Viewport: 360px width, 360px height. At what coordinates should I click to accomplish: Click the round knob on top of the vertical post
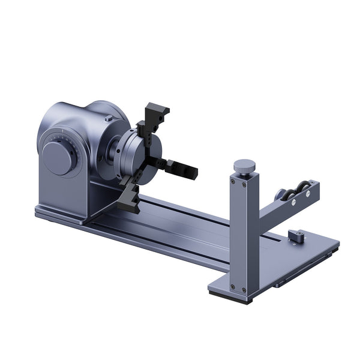click(244, 164)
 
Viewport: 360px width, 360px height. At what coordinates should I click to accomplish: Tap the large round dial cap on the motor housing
click(59, 158)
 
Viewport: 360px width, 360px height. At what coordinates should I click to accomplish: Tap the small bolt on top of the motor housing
click(108, 119)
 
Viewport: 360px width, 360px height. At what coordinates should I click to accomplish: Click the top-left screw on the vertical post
click(233, 179)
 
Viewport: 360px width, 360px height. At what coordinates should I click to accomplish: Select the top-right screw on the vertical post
click(245, 185)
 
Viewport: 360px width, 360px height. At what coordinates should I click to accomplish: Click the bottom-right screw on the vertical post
click(244, 290)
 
